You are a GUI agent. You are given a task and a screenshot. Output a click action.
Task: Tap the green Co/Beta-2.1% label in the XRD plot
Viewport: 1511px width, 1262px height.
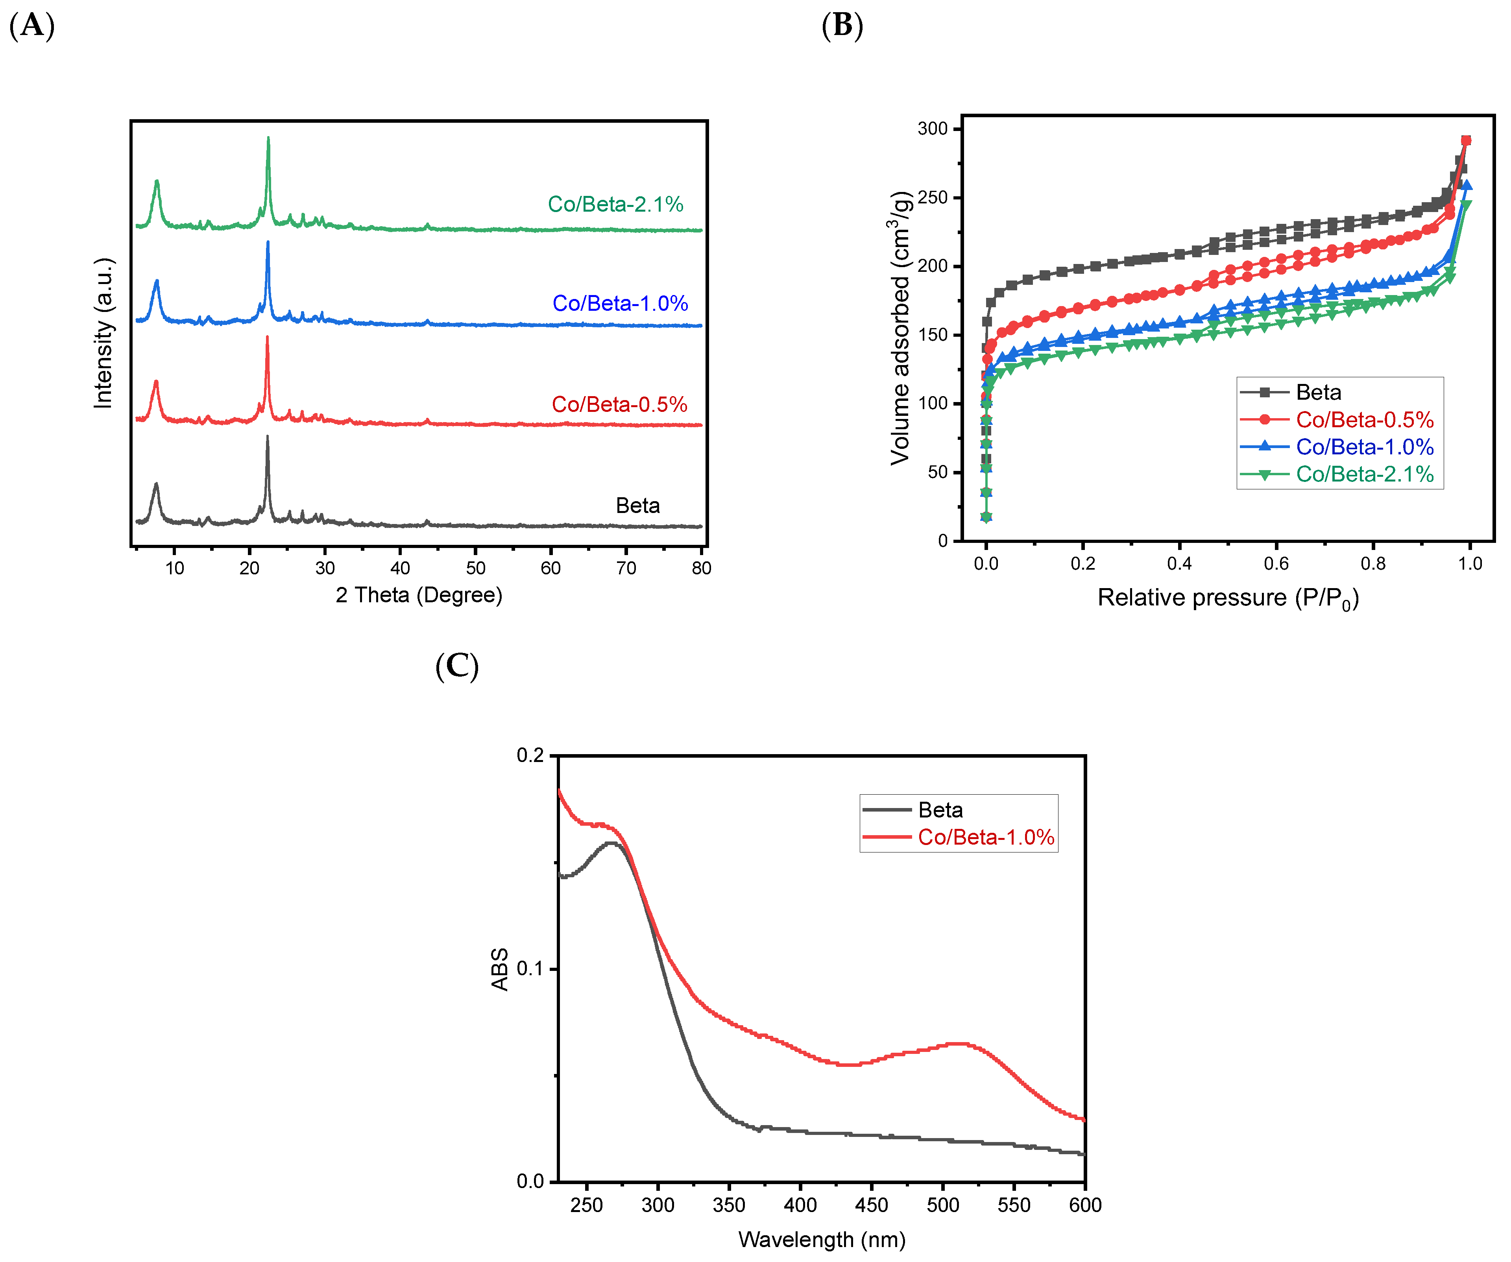(x=615, y=204)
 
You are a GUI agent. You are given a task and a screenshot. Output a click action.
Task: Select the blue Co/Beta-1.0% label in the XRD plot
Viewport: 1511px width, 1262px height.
(x=620, y=303)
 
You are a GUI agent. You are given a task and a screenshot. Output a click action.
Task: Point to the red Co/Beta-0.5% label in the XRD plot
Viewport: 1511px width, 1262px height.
(x=619, y=404)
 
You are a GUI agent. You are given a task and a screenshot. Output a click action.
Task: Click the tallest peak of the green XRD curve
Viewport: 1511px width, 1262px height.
(x=268, y=138)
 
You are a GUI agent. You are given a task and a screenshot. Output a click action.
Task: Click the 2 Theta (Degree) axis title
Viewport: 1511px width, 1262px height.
(x=419, y=595)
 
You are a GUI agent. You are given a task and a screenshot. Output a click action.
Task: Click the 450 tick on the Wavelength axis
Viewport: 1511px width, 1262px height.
(x=871, y=1205)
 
